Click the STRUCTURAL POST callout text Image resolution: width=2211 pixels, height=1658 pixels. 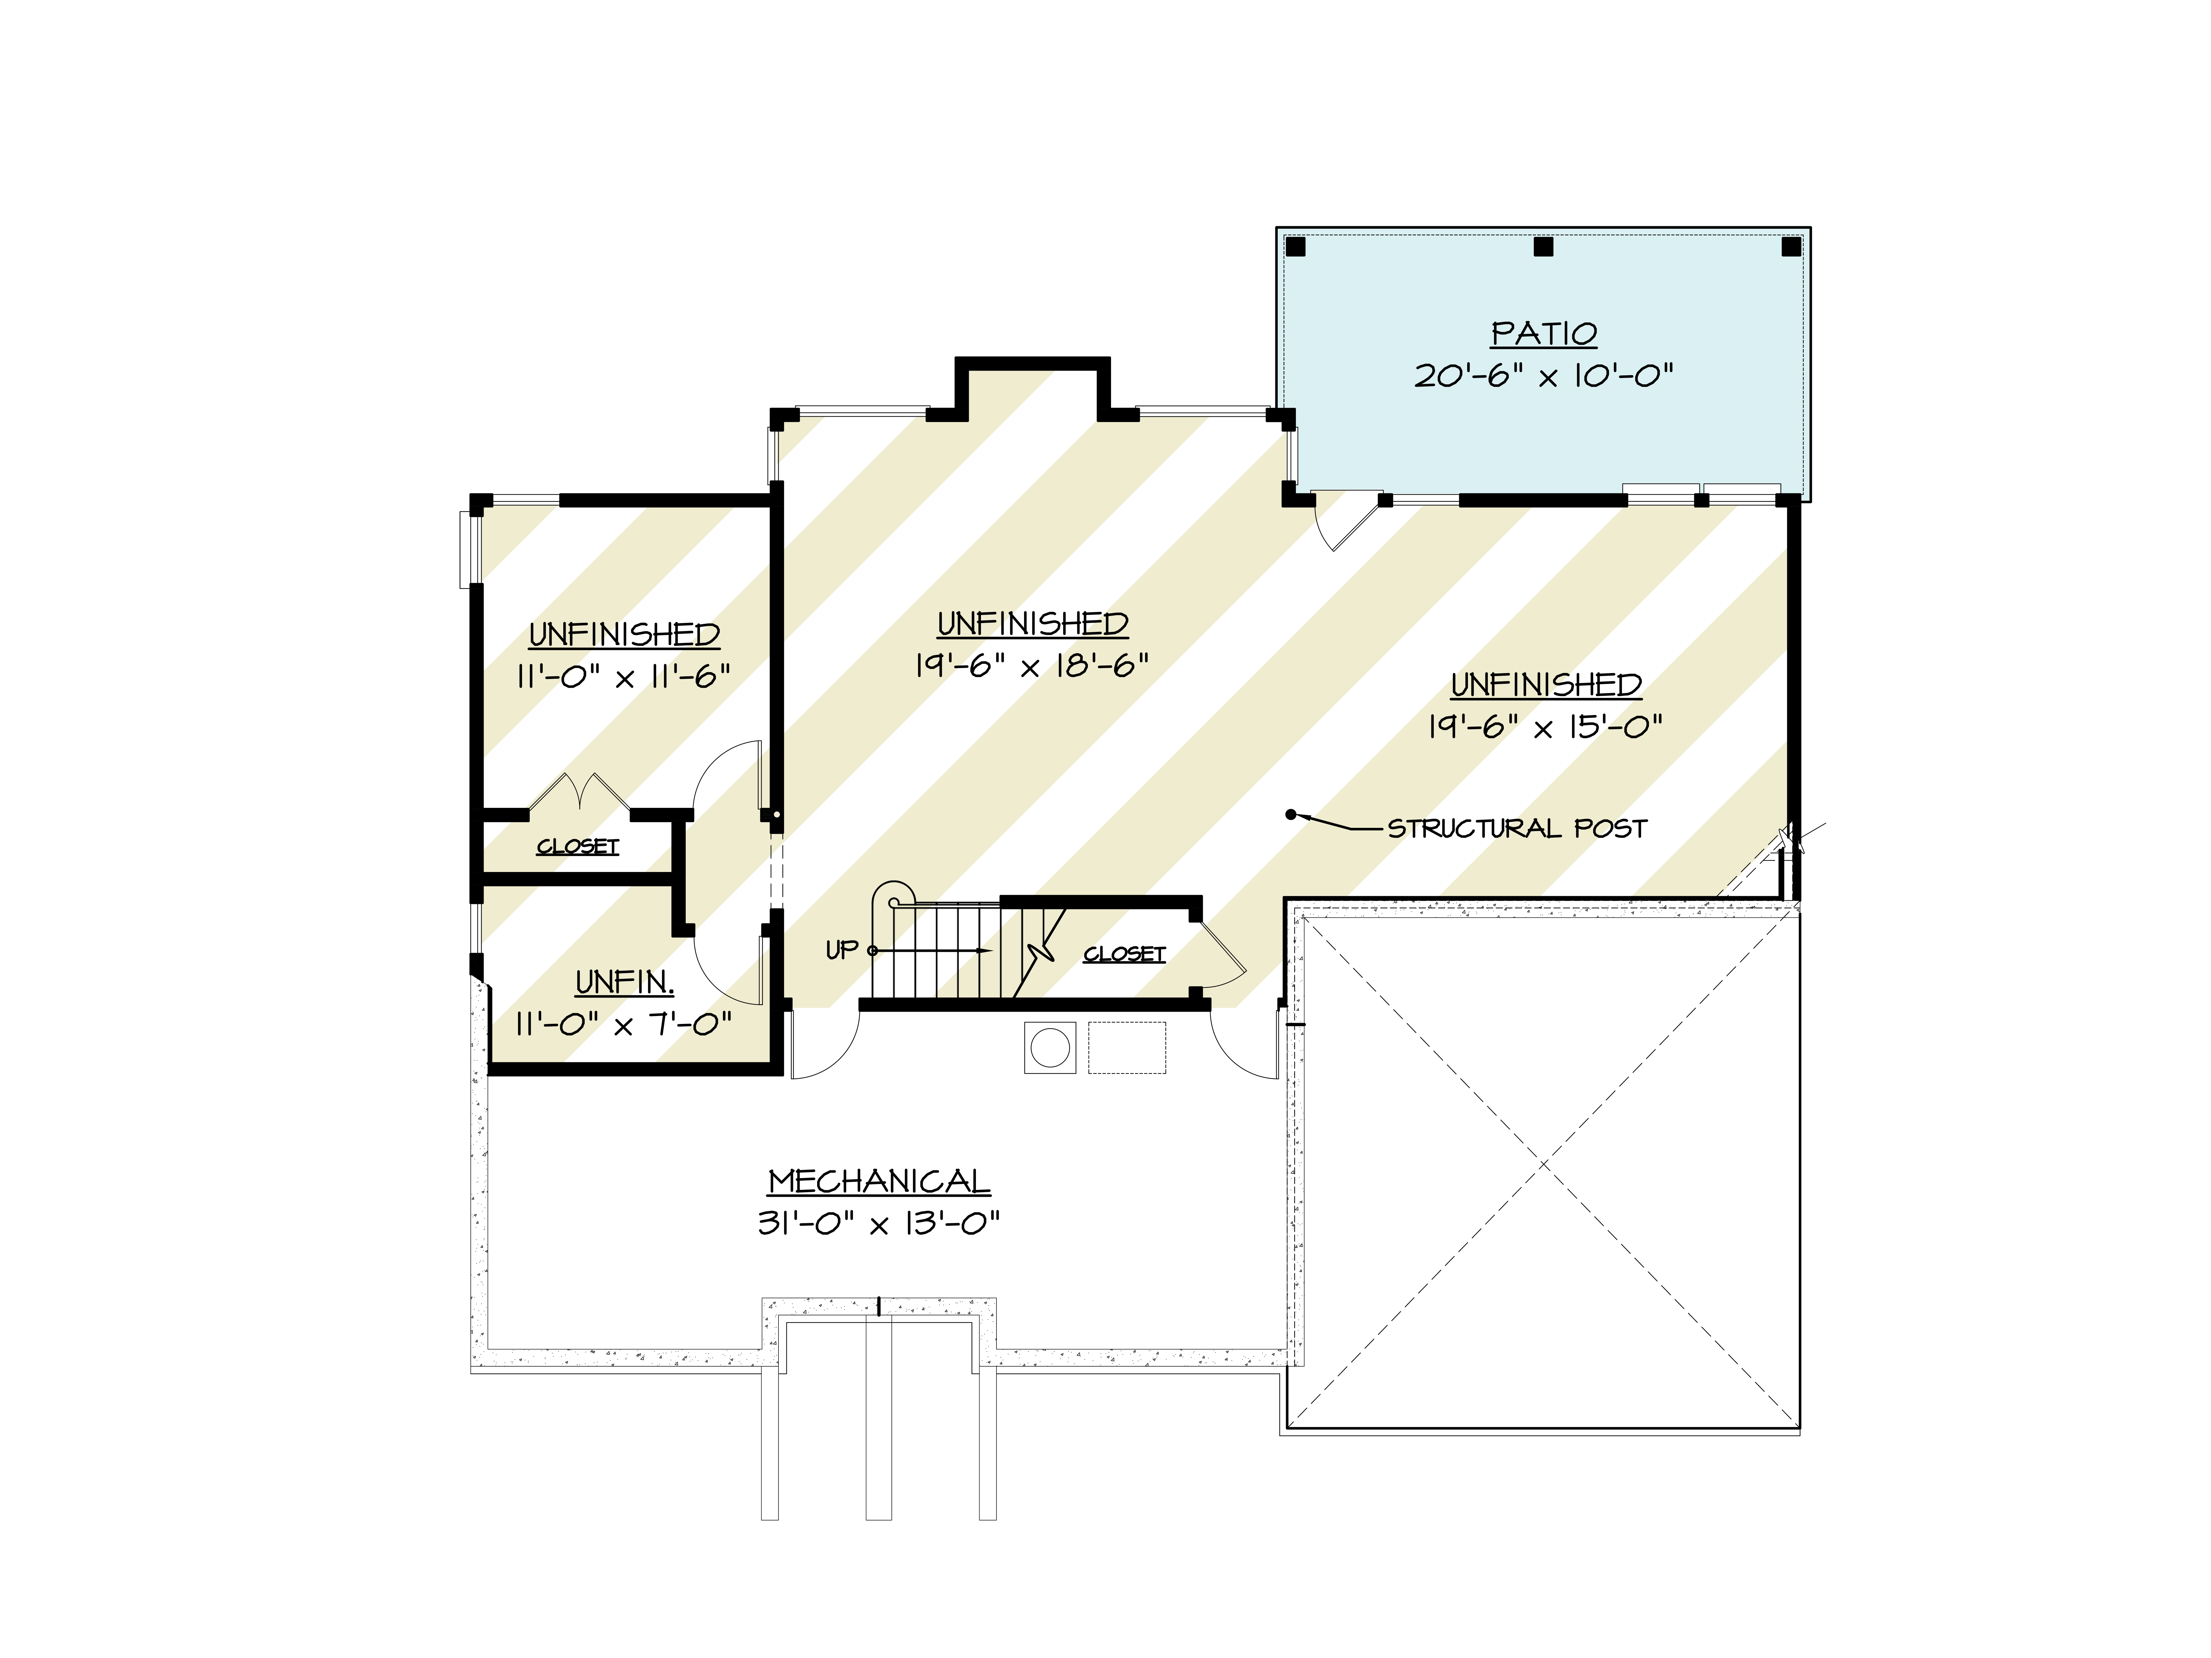pos(1516,828)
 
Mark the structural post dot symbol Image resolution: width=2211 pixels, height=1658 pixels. pos(1290,815)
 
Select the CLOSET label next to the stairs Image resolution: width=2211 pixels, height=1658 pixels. pos(1125,954)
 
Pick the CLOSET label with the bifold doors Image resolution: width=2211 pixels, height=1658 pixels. pos(578,847)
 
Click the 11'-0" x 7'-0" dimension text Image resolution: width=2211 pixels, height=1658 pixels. pos(624,1024)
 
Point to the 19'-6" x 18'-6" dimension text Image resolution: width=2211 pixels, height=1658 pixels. pos(1031,666)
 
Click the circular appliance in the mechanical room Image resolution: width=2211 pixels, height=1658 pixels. pos(1050,1048)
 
